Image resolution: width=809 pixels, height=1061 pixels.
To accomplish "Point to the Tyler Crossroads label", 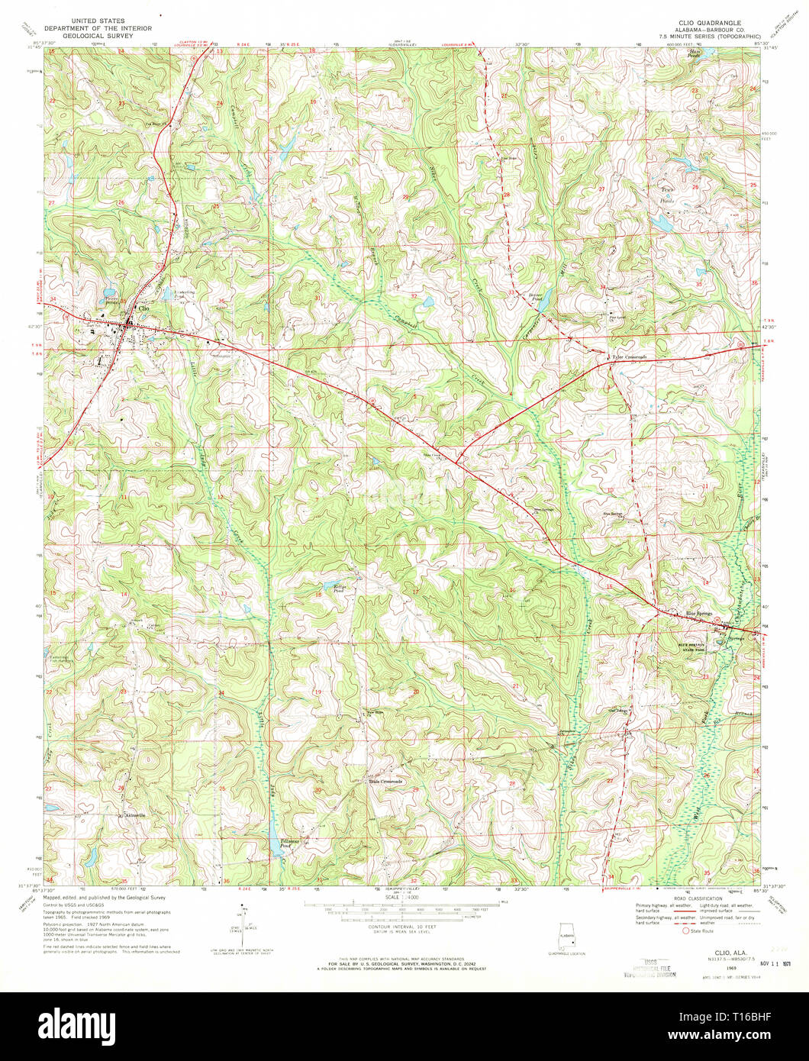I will [x=630, y=356].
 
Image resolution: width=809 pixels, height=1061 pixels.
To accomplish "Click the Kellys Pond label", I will [x=340, y=588].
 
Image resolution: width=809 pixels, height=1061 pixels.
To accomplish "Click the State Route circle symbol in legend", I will [x=685, y=930].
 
